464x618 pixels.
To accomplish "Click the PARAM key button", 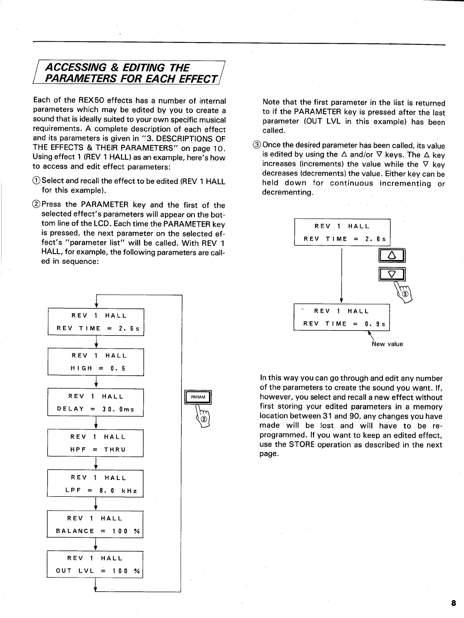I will tap(198, 397).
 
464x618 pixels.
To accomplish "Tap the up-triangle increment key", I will tap(392, 256).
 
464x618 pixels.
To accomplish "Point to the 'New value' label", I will tap(387, 344).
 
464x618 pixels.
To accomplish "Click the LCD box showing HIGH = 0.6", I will tap(96, 362).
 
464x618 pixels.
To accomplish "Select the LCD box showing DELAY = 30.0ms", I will tap(96, 402).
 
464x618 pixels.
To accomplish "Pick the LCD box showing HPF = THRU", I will tap(96, 443).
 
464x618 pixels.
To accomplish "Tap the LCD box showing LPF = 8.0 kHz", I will tap(96, 483).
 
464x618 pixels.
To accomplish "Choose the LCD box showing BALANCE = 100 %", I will tap(95, 524).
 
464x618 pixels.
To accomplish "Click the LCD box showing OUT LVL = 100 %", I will tap(95, 564).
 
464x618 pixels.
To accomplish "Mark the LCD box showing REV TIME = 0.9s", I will tap(342, 317).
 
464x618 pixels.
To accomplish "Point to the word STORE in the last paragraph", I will tap(302, 445).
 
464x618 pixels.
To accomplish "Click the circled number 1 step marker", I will tap(37, 181).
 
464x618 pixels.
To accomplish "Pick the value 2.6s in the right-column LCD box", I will tap(375, 239).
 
